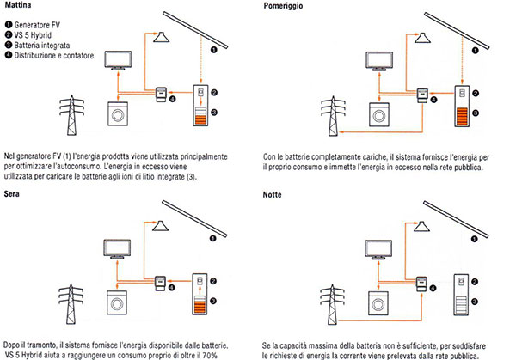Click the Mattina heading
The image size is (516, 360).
pyautogui.click(x=19, y=6)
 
